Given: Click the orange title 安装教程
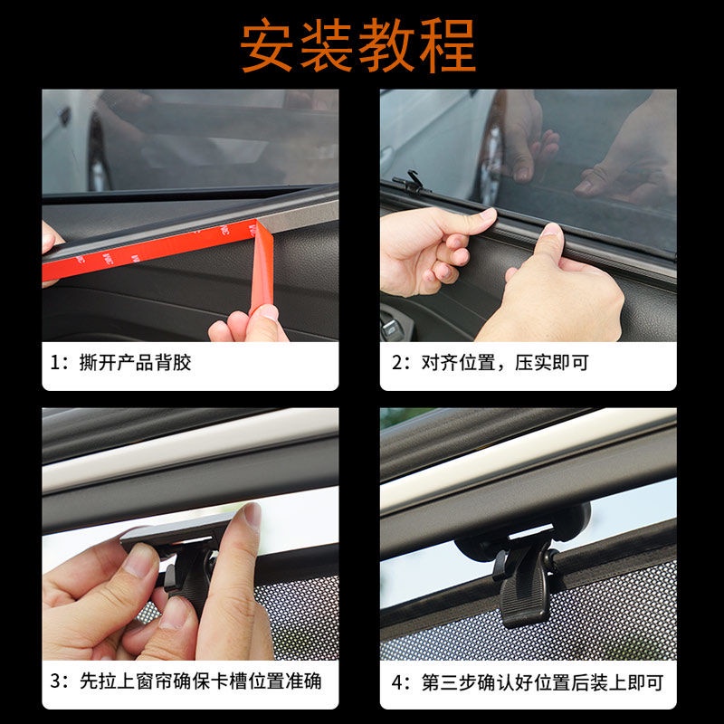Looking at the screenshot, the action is pyautogui.click(x=357, y=46).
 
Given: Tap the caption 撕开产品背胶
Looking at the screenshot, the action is pyautogui.click(x=135, y=363).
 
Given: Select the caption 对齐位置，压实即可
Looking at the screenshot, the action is pyautogui.click(x=505, y=363).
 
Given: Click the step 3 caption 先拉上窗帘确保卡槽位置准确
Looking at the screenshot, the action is pyautogui.click(x=200, y=681).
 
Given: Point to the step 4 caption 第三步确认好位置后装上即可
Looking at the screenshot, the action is pyautogui.click(x=542, y=682).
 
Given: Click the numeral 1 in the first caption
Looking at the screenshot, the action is pyautogui.click(x=55, y=363).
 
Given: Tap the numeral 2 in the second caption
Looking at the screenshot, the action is pyautogui.click(x=397, y=363).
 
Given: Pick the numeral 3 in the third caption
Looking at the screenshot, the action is pyautogui.click(x=55, y=681).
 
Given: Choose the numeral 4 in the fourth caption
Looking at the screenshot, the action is pyautogui.click(x=397, y=683).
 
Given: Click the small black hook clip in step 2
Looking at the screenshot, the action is pyautogui.click(x=410, y=183).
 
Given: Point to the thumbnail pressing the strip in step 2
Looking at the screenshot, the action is pyautogui.click(x=551, y=229).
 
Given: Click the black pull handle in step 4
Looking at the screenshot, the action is pyautogui.click(x=525, y=586).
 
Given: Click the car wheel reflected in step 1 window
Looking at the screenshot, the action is pyautogui.click(x=99, y=155).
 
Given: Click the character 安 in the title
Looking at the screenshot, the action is pyautogui.click(x=266, y=46).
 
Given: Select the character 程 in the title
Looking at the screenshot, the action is pyautogui.click(x=448, y=46).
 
